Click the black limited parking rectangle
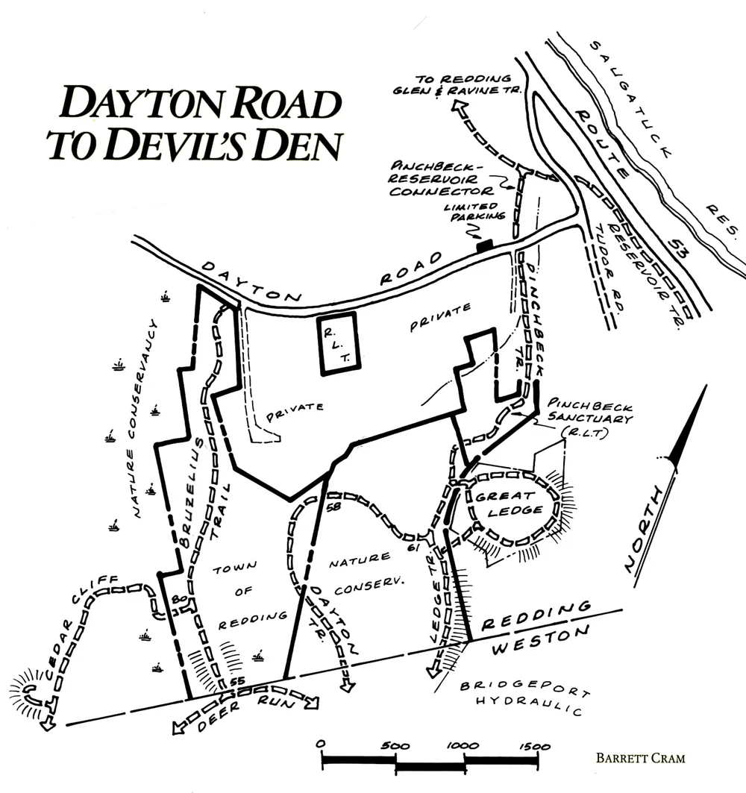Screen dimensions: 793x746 pos(485,244)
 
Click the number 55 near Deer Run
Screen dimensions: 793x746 pos(238,682)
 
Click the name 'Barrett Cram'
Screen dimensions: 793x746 pos(641,758)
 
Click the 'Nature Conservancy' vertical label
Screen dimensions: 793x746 pos(142,418)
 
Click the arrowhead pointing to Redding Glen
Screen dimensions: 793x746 pos(456,109)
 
